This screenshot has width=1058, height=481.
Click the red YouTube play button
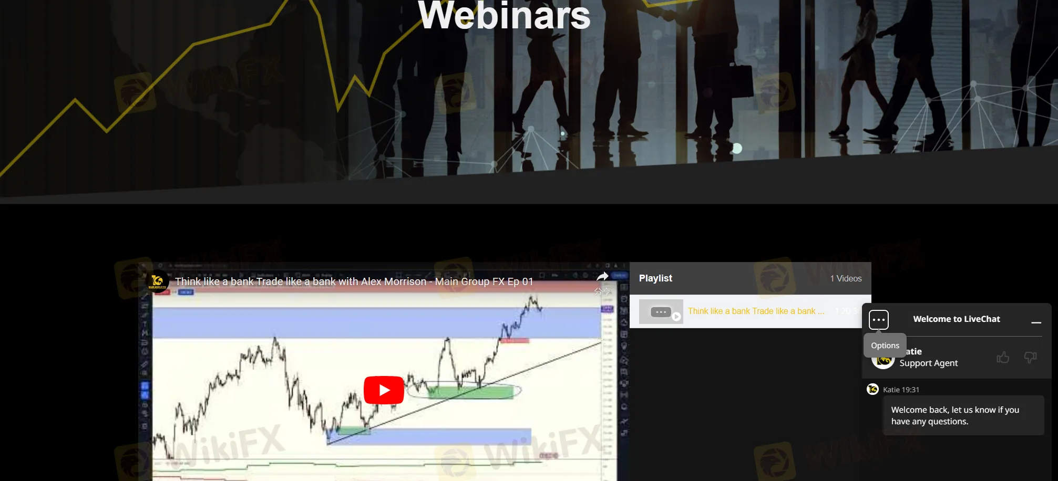tap(384, 390)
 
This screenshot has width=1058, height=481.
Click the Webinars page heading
tap(504, 16)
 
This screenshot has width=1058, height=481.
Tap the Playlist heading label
tap(655, 278)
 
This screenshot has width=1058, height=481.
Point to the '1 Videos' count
tap(846, 278)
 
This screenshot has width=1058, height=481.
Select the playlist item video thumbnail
tap(661, 312)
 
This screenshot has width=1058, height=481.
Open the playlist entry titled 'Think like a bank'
tap(756, 311)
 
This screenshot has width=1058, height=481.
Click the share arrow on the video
tap(602, 277)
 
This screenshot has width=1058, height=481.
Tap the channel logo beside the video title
tap(157, 281)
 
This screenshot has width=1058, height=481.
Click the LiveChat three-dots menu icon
tap(878, 320)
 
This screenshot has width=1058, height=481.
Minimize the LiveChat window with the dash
tap(1036, 322)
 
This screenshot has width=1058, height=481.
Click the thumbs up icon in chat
tap(1003, 358)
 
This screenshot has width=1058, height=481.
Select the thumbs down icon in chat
tap(1030, 358)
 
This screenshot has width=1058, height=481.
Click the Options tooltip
tap(885, 346)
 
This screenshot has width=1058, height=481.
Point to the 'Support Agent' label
tap(928, 363)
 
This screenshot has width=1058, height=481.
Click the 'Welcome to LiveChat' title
tap(957, 319)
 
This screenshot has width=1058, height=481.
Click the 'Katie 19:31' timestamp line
tap(901, 390)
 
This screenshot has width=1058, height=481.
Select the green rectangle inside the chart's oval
tap(470, 392)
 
